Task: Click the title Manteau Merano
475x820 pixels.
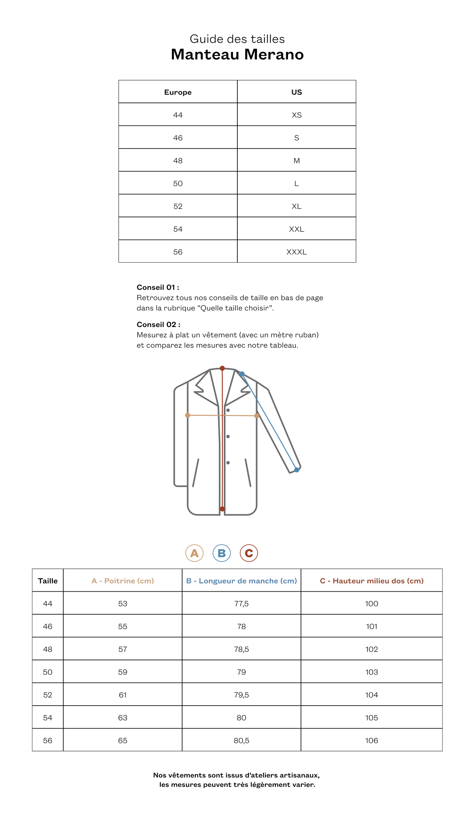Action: coord(237,55)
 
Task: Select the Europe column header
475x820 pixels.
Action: coord(178,92)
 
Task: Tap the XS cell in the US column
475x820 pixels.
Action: coord(297,115)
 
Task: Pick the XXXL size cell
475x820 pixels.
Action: coord(297,252)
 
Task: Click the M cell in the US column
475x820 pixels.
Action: coord(297,161)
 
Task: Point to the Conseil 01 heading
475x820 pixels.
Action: coord(158,287)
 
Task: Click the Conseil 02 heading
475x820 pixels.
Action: coord(158,324)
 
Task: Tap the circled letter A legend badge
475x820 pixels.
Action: coord(194,553)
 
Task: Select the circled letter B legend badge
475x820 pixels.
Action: coord(222,553)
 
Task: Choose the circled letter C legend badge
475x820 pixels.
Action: coord(249,553)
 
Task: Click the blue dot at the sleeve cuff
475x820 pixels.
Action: coord(297,470)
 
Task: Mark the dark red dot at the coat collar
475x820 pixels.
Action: coord(222,368)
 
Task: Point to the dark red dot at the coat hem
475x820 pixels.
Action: coord(222,509)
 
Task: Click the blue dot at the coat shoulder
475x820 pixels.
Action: coord(242,374)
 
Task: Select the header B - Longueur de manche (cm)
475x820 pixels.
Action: coord(241,581)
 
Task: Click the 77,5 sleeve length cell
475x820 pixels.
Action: coord(241,603)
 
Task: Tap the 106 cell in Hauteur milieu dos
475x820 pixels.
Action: coord(371,740)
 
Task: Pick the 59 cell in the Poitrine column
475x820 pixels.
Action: coord(123,672)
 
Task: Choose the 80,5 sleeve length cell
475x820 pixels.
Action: coord(241,740)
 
